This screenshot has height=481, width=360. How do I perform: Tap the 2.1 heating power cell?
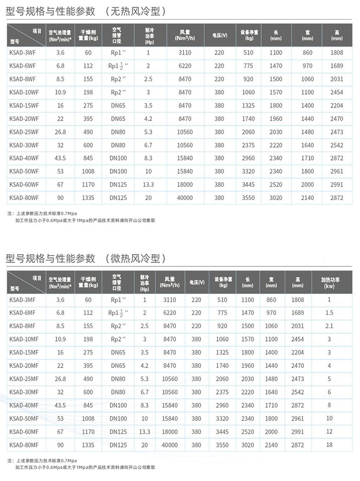pyautogui.click(x=329, y=326)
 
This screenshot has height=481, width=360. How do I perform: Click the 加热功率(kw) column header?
pyautogui.click(x=329, y=282)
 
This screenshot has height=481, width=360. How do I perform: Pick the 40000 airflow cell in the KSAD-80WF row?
pyautogui.click(x=185, y=198)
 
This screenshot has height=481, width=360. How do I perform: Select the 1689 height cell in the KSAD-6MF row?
pyautogui.click(x=298, y=312)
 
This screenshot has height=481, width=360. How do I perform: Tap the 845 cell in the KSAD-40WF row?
pyautogui.click(x=88, y=158)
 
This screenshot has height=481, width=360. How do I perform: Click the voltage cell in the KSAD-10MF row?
pyautogui.click(x=196, y=339)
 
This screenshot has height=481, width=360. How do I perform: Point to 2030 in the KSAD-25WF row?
pyautogui.click(x=276, y=132)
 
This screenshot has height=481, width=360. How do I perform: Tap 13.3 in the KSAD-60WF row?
pyautogui.click(x=149, y=184)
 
